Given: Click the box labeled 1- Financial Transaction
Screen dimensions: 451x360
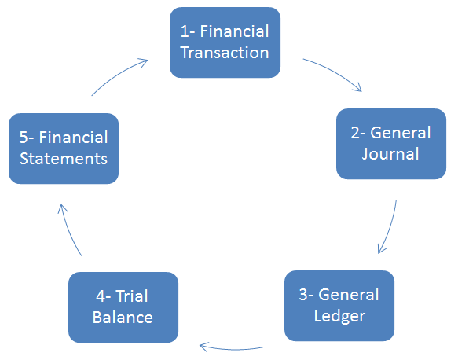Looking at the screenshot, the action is pyautogui.click(x=225, y=42).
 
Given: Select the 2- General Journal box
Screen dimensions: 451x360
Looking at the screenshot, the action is pyautogui.click(x=391, y=144).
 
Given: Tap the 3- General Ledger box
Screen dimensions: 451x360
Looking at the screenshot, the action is pyautogui.click(x=339, y=306).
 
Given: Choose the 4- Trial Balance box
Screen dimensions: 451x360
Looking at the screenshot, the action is pyautogui.click(x=123, y=307).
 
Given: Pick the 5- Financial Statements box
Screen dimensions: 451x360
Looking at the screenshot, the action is pyautogui.click(x=64, y=149).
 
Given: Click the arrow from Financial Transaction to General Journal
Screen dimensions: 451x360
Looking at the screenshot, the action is pyautogui.click(x=335, y=72).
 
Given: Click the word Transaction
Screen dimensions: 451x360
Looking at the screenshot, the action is pyautogui.click(x=225, y=53).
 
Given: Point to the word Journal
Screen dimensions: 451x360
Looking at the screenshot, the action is pyautogui.click(x=390, y=154).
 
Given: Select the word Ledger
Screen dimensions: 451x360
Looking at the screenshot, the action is pyautogui.click(x=339, y=316).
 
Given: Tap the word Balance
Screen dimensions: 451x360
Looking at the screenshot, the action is pyautogui.click(x=123, y=318).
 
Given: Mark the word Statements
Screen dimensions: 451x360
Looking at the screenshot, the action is pyautogui.click(x=64, y=159).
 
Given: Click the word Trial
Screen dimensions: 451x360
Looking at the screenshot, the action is pyautogui.click(x=132, y=296).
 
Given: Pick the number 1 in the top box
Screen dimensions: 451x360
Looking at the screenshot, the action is pyautogui.click(x=185, y=31).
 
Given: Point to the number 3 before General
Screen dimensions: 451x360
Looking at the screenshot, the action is pyautogui.click(x=303, y=295).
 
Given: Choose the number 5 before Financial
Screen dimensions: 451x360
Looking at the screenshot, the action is pyautogui.click(x=24, y=138).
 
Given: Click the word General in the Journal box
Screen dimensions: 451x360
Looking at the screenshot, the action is pyautogui.click(x=401, y=133).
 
